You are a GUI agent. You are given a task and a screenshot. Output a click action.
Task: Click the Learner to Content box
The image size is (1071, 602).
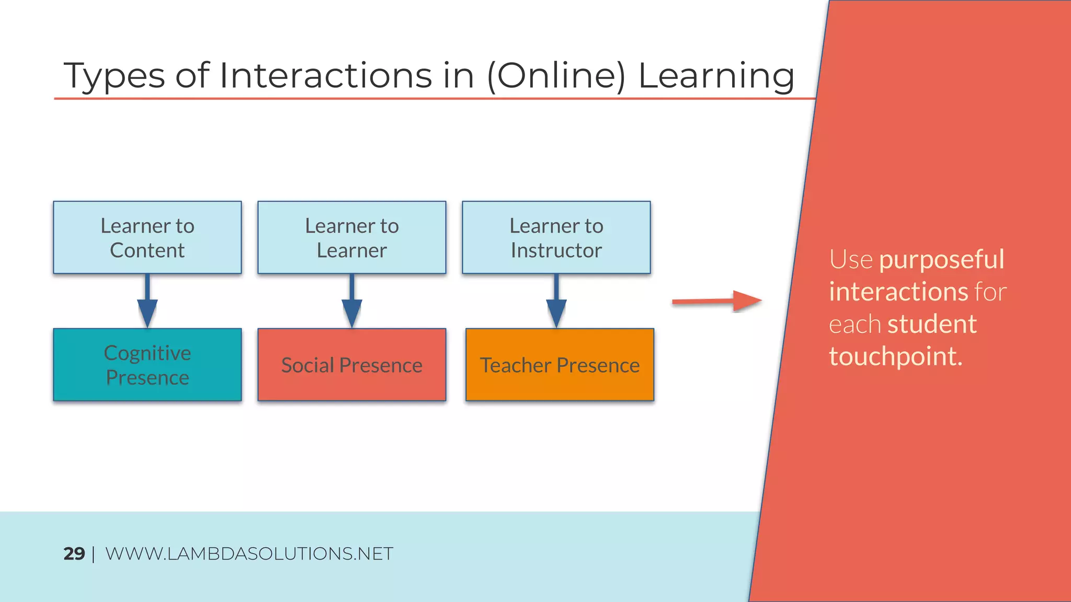pyautogui.click(x=147, y=237)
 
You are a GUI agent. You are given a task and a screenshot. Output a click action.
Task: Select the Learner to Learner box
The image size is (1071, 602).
pyautogui.click(x=351, y=237)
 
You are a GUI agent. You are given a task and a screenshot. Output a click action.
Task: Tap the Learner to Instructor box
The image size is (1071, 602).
pyautogui.click(x=556, y=237)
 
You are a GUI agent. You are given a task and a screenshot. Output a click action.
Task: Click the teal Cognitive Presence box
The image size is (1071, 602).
pyautogui.click(x=147, y=365)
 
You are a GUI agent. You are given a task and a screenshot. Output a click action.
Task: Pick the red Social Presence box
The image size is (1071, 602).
pyautogui.click(x=351, y=365)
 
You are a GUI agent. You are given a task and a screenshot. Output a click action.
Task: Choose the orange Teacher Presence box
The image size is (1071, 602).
pyautogui.click(x=560, y=365)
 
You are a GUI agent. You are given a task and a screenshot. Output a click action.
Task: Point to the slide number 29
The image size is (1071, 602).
pyautogui.click(x=74, y=554)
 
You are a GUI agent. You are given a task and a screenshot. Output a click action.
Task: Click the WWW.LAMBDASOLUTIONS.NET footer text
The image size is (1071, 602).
pyautogui.click(x=249, y=554)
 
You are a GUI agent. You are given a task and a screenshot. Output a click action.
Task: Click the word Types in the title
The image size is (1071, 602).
pyautogui.click(x=114, y=76)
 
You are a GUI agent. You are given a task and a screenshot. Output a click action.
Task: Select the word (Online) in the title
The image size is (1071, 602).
pyautogui.click(x=556, y=76)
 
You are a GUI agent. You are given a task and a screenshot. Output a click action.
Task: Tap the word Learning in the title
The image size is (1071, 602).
pyautogui.click(x=716, y=76)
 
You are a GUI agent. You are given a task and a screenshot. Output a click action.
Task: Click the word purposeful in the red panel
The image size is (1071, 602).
pyautogui.click(x=941, y=260)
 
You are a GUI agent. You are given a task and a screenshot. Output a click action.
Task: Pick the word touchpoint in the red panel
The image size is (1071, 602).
pyautogui.click(x=895, y=356)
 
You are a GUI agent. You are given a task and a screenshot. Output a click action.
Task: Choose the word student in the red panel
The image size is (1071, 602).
pyautogui.click(x=931, y=324)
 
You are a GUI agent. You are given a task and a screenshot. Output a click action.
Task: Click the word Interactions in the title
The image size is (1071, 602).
pyautogui.click(x=326, y=76)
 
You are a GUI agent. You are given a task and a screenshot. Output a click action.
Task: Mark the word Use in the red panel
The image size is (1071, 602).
pyautogui.click(x=850, y=260)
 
